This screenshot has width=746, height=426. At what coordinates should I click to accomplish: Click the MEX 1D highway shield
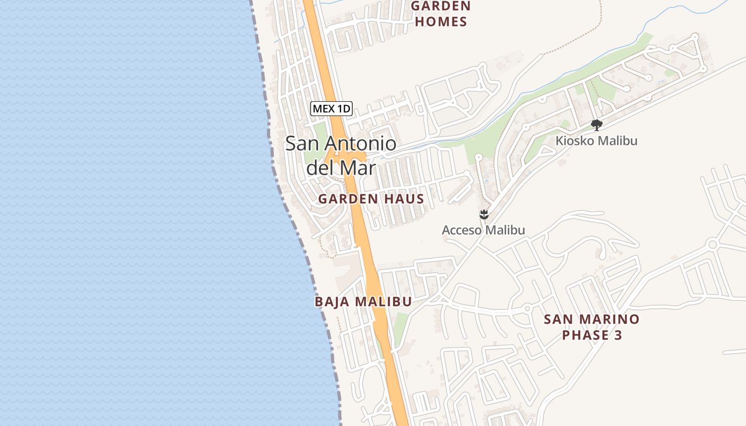click(331, 109)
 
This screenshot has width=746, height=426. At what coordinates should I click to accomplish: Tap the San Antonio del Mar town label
click(341, 155)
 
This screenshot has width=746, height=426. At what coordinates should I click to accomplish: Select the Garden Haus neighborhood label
click(371, 199)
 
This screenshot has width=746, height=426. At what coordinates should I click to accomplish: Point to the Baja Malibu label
click(363, 301)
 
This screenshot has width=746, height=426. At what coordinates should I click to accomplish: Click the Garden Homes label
click(441, 14)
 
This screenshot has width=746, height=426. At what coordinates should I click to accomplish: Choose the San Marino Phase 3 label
click(591, 327)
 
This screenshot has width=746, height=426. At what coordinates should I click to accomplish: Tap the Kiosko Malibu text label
click(596, 141)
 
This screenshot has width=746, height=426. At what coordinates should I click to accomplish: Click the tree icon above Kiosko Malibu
click(597, 125)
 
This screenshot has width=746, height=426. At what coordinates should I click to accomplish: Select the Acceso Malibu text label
click(483, 230)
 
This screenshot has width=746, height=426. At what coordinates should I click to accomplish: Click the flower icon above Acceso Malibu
click(484, 215)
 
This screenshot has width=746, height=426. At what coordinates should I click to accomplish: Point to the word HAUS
click(403, 199)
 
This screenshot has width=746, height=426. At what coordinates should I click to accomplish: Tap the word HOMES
click(441, 22)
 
